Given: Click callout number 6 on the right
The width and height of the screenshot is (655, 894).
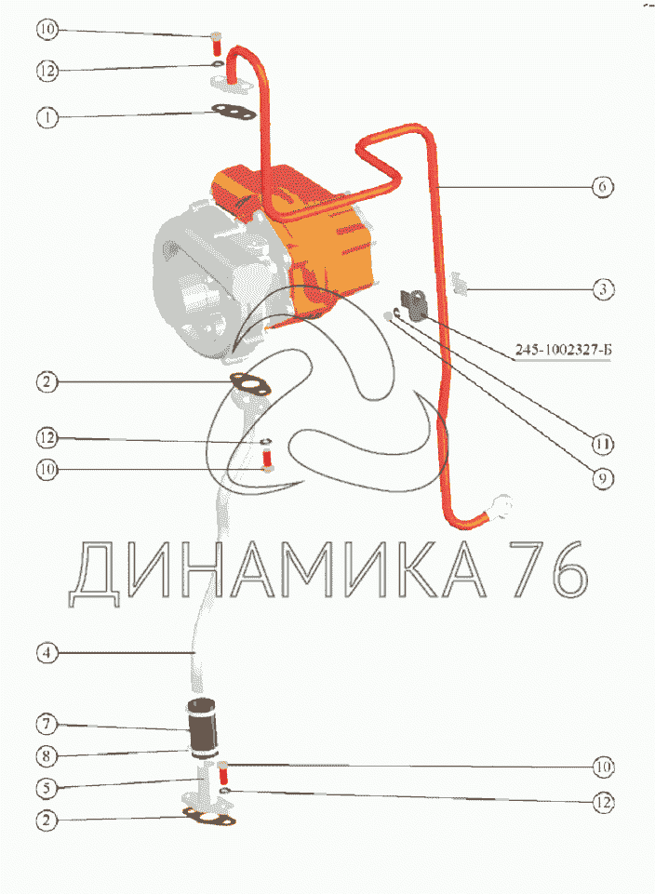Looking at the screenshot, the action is [x=603, y=186].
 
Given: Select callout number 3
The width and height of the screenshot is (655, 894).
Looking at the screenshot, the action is [x=603, y=289].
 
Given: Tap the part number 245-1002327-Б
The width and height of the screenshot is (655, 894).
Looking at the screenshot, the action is [x=563, y=350].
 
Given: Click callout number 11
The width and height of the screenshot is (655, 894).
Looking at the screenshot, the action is [x=603, y=444].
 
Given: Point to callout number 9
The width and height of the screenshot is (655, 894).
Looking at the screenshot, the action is [x=603, y=478].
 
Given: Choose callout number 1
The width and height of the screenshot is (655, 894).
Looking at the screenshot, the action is [x=47, y=117].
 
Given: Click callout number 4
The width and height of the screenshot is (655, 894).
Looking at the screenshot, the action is [x=47, y=652].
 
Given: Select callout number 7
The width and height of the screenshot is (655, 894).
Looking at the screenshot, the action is [x=47, y=724].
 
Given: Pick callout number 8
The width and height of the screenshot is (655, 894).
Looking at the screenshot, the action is [x=47, y=756].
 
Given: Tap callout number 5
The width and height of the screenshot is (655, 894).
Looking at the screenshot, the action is [x=47, y=789].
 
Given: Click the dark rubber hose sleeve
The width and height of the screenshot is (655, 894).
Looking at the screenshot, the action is [x=203, y=727].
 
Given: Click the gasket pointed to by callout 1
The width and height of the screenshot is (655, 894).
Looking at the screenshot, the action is [x=234, y=112].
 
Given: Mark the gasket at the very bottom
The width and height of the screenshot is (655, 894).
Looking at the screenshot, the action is [x=208, y=817].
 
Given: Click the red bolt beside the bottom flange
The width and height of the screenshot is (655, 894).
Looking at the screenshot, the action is [x=223, y=772].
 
